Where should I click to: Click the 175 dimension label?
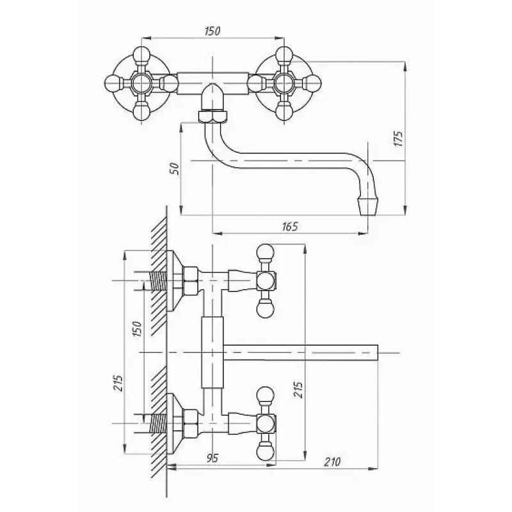[x=399, y=139]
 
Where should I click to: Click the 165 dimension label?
[x=290, y=227]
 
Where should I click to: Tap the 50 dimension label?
[x=175, y=168]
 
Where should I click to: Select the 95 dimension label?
[x=212, y=458]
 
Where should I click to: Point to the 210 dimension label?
[x=332, y=462]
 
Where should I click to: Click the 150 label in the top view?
[x=212, y=31]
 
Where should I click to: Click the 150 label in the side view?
[x=137, y=329]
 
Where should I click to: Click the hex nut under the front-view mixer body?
[x=212, y=116]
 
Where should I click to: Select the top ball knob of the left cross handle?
[x=141, y=54]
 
